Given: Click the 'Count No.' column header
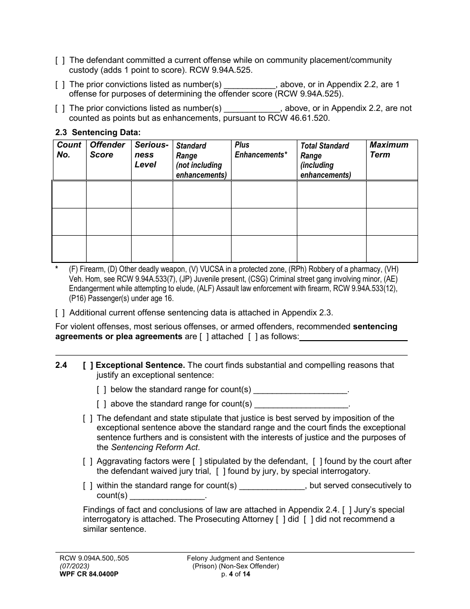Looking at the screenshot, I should [69, 150].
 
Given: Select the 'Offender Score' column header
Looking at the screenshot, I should [107, 150].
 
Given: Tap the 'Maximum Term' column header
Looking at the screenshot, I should [389, 150].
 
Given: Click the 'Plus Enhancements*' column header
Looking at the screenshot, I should [261, 150].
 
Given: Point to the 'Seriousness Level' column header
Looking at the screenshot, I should [151, 154].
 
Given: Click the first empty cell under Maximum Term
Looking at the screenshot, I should [391, 195].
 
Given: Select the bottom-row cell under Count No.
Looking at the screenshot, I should [69, 249].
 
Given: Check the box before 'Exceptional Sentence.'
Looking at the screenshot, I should [88, 365].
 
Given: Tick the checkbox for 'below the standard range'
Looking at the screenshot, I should [101, 390].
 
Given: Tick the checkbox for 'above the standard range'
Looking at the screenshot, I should [101, 404].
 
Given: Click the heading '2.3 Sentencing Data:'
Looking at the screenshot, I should [98, 132].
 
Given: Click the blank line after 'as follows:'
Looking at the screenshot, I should [353, 337].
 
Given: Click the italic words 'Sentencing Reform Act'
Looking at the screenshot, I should [154, 448].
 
